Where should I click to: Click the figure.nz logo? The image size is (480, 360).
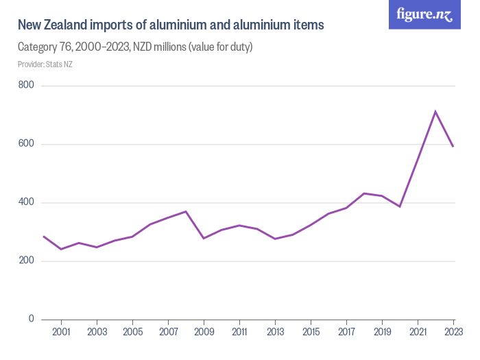424,15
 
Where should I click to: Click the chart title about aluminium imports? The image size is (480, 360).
171,25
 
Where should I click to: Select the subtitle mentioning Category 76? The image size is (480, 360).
135,47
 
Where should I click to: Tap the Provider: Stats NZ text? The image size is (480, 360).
45,64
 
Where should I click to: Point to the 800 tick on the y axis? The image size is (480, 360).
27,86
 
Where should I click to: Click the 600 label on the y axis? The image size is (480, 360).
27,144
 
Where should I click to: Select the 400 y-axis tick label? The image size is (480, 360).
27,203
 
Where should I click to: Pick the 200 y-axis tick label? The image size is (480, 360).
27,261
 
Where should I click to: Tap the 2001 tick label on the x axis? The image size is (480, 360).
62,333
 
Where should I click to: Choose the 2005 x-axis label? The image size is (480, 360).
132,333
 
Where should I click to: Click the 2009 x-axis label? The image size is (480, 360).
204,333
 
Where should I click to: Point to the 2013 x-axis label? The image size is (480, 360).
275,333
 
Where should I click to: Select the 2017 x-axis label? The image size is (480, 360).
346,333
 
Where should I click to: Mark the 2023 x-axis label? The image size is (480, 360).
453,333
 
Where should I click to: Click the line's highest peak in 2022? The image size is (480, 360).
435,111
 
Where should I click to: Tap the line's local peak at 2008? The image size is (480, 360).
186,211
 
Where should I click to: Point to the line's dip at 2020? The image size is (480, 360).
400,206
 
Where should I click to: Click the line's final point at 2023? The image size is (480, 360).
453,147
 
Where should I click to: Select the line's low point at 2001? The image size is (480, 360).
62,249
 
